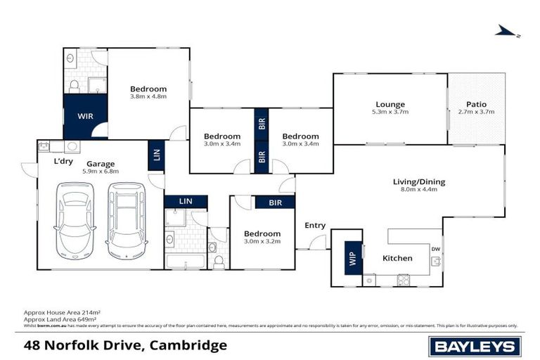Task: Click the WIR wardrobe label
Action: pyautogui.click(x=85, y=115)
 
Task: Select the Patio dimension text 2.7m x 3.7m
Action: pyautogui.click(x=477, y=112)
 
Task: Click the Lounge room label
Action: pyautogui.click(x=390, y=104)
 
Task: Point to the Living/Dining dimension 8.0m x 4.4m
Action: pyautogui.click(x=418, y=190)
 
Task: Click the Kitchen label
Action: pyautogui.click(x=397, y=258)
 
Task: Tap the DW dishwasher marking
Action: pyautogui.click(x=436, y=248)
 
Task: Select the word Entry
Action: pyautogui.click(x=315, y=225)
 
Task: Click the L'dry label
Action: pyautogui.click(x=64, y=160)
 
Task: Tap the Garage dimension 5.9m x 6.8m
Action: pyautogui.click(x=101, y=172)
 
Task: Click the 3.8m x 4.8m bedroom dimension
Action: pyautogui.click(x=148, y=97)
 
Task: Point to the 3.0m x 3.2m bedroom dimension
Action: pyautogui.click(x=262, y=241)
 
